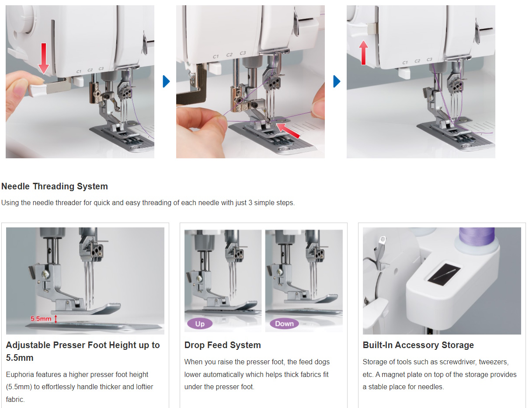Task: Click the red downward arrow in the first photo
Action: (x=44, y=59)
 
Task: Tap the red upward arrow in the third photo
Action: (x=363, y=52)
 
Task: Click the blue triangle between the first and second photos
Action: (x=166, y=81)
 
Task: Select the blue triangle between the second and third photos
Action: (x=337, y=81)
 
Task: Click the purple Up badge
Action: (x=200, y=324)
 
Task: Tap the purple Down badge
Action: (x=284, y=324)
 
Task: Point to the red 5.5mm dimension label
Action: (x=41, y=319)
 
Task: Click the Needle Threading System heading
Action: (x=55, y=186)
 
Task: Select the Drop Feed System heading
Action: (x=223, y=345)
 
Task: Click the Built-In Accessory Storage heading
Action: (x=418, y=345)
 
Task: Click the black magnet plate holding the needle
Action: (x=444, y=275)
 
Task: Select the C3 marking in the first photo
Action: (x=101, y=69)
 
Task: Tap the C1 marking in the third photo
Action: (x=405, y=63)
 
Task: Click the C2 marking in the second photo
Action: (x=230, y=55)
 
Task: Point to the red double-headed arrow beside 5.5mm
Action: (x=56, y=319)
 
